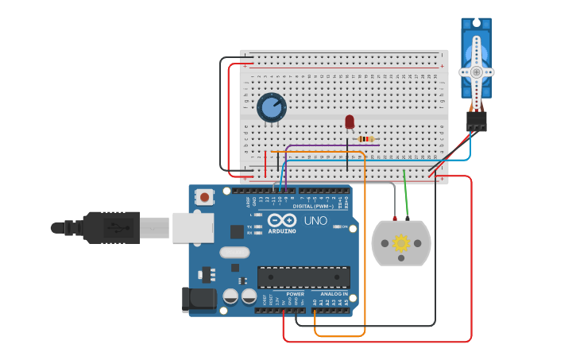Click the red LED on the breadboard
350,122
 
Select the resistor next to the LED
365,139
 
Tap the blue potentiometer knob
272,108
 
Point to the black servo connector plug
476,121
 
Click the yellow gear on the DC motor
401,243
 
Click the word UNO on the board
315,220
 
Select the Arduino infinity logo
283,220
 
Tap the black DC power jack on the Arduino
198,299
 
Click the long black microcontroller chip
303,277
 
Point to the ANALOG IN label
333,293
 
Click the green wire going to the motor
406,195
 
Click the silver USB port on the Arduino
193,227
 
